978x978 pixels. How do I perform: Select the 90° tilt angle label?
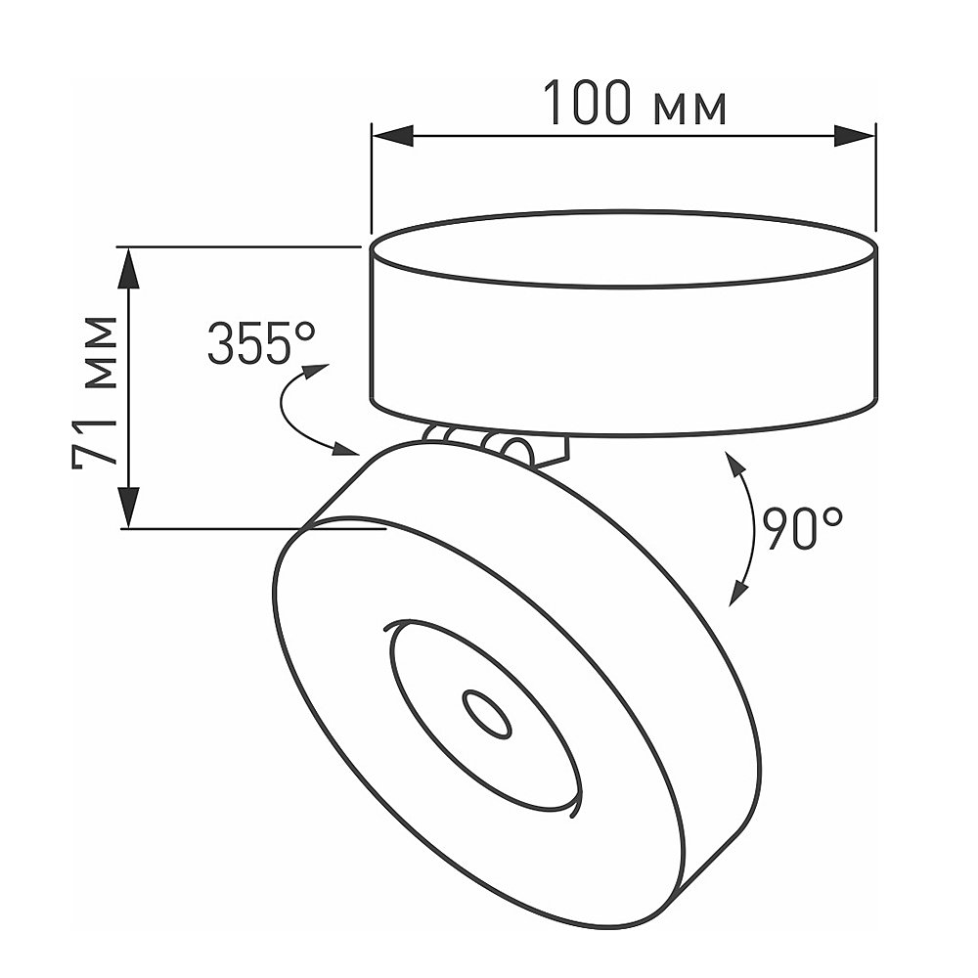click(x=802, y=529)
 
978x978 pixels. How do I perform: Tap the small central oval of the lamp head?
click(x=487, y=715)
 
